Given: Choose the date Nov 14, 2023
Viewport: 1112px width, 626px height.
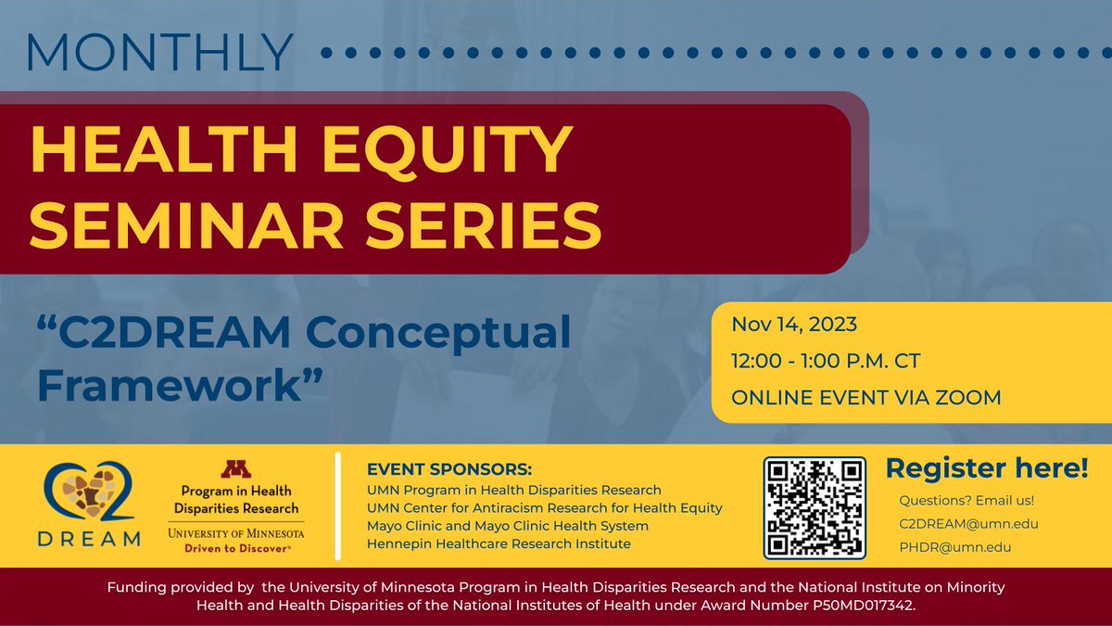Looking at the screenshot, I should coord(793,325).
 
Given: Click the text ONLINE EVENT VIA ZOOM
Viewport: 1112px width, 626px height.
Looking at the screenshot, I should coord(866,397).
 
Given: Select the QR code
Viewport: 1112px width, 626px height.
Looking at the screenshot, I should coord(815,508).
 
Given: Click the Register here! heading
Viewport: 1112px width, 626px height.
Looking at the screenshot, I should coord(986,468).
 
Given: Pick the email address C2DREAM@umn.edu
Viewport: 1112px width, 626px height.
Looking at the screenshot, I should coord(968,524).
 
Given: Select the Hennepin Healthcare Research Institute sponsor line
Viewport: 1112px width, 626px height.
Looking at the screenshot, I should coord(499,543).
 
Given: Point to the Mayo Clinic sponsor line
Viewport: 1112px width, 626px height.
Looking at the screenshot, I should coord(507,526).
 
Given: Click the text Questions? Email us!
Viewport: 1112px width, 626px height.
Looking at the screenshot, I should coord(967,501).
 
